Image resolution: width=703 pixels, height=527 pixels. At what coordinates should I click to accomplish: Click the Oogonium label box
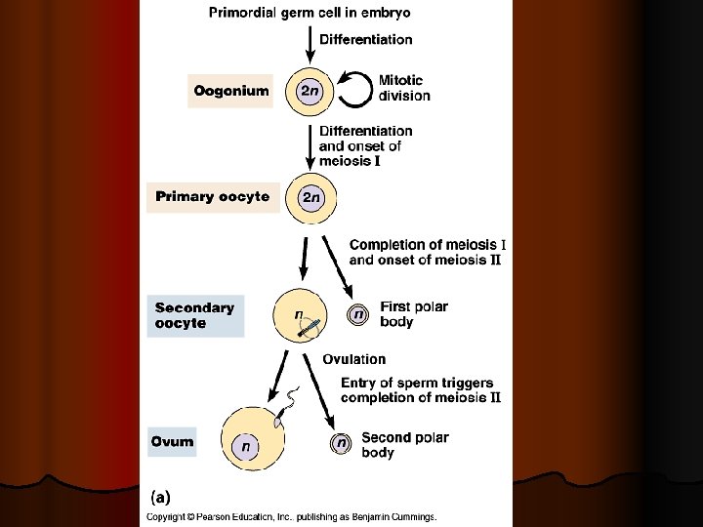(x=230, y=92)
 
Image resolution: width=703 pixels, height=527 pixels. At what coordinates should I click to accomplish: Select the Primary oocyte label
(x=212, y=197)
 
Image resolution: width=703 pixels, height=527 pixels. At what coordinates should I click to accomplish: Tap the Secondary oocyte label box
(x=194, y=315)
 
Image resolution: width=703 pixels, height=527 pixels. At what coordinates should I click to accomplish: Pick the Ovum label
(x=172, y=442)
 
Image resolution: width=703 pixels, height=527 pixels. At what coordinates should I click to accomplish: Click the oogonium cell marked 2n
(x=310, y=92)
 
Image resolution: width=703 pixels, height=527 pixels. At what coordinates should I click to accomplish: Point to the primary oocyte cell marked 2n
(x=310, y=197)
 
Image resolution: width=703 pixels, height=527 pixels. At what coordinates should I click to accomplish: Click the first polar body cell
(x=359, y=314)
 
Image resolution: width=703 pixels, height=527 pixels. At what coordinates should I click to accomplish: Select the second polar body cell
(x=341, y=443)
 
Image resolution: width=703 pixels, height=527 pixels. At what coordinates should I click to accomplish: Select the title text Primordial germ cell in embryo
(x=310, y=13)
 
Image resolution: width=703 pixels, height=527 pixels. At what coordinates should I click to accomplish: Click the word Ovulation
(x=354, y=360)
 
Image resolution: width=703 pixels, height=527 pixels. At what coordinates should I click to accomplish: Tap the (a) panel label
(x=159, y=496)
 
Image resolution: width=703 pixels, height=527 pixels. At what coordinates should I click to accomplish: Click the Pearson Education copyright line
(x=291, y=516)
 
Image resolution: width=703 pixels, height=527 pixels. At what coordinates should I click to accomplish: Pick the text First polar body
(x=414, y=314)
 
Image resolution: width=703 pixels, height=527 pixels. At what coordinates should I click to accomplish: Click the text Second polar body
(x=404, y=445)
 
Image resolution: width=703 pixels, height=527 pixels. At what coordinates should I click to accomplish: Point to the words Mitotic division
(x=404, y=89)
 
